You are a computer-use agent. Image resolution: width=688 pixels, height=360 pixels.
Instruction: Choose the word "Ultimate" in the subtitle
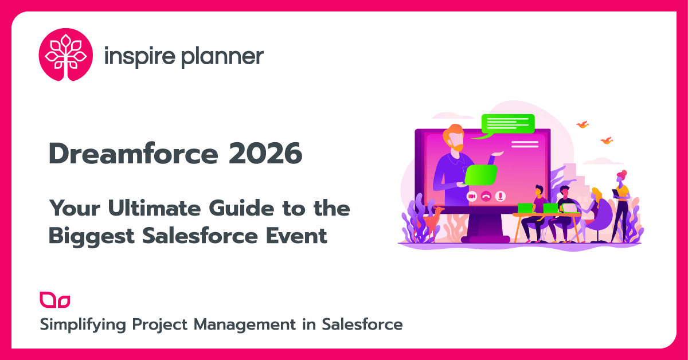[x=149, y=208]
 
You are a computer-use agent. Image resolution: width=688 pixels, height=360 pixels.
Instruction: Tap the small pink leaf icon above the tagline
[x=54, y=300]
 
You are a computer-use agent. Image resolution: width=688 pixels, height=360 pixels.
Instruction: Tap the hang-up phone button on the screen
[x=486, y=196]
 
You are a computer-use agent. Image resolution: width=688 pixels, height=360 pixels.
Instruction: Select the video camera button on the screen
[x=472, y=196]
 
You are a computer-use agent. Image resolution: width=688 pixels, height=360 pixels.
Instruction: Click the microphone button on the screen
[x=501, y=196]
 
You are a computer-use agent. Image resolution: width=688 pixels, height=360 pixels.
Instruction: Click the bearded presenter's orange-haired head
[x=454, y=136]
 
